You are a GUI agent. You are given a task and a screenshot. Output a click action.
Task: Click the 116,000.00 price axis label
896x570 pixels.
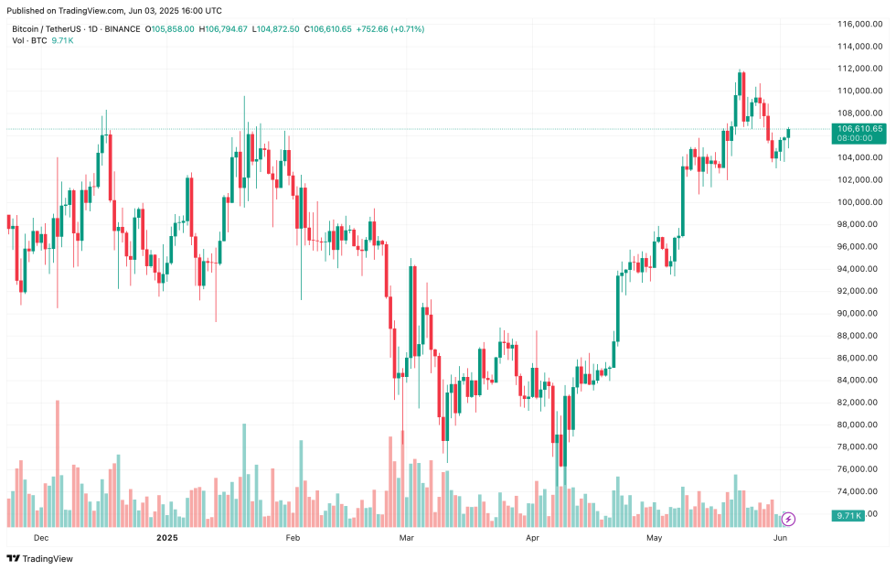pyautogui.click(x=859, y=23)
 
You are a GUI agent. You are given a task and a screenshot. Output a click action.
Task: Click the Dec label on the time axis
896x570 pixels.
pyautogui.click(x=40, y=539)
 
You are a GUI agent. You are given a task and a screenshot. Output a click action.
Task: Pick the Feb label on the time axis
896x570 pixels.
pyautogui.click(x=293, y=539)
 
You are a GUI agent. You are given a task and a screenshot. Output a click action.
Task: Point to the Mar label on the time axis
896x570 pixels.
pyautogui.click(x=408, y=539)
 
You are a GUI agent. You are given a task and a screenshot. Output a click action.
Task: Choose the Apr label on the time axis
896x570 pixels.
pyautogui.click(x=533, y=539)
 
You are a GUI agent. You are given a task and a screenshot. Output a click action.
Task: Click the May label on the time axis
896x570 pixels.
pyautogui.click(x=654, y=539)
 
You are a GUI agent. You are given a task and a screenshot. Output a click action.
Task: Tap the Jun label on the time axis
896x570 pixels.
pyautogui.click(x=781, y=539)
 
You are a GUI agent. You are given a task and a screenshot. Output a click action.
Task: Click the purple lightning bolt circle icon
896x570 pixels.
pyautogui.click(x=788, y=519)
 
